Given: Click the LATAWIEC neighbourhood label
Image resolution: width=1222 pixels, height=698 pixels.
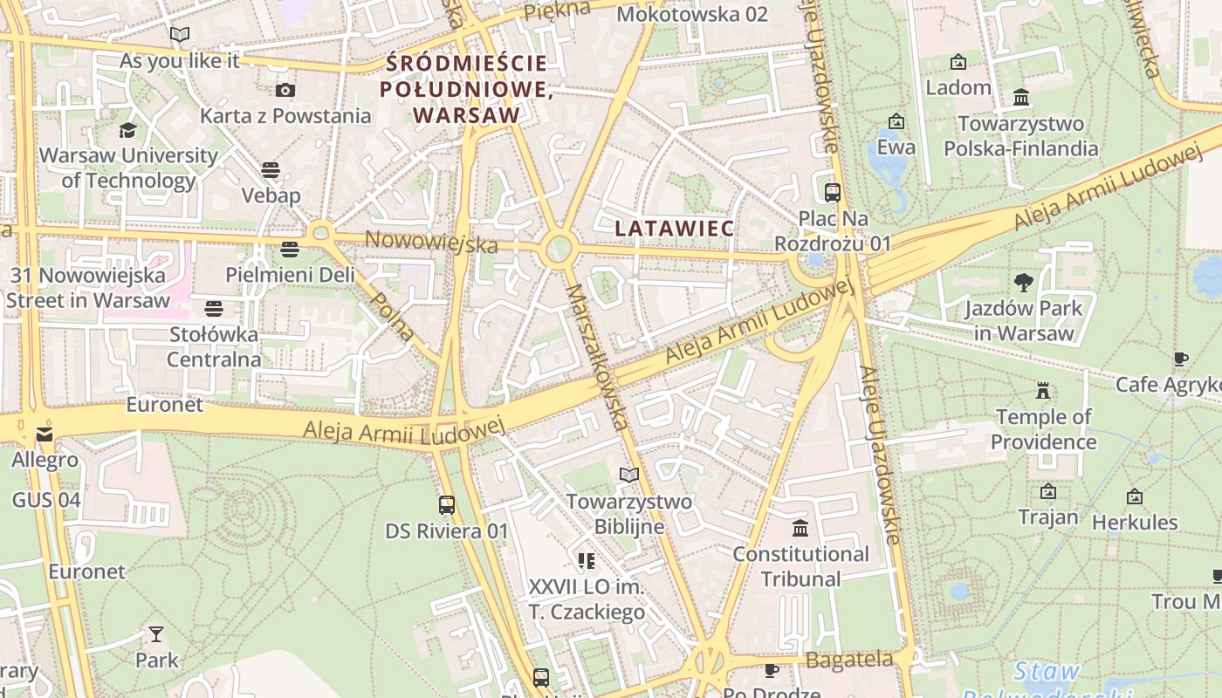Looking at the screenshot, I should tap(674, 228).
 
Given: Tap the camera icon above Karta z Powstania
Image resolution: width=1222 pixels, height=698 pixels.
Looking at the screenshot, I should tap(285, 90).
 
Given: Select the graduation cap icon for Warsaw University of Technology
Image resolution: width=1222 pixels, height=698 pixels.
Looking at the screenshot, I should tap(128, 131).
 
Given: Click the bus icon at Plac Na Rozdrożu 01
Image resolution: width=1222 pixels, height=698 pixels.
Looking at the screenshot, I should tap(832, 193).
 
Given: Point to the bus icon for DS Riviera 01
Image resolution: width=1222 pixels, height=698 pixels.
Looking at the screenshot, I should tap(446, 504).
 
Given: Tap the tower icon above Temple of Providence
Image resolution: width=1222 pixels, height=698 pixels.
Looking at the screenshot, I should tap(1042, 390).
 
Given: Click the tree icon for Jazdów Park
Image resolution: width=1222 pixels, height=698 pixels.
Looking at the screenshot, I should tap(1023, 282).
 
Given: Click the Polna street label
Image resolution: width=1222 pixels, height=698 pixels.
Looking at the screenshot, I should tap(392, 316).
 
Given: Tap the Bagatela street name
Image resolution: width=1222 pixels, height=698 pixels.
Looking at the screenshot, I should tap(849, 660).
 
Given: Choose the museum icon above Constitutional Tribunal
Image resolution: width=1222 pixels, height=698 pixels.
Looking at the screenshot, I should tap(800, 528).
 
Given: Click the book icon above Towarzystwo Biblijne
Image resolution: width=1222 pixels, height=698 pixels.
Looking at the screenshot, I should tap(628, 475).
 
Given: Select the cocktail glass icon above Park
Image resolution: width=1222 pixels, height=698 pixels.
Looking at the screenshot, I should tap(156, 633).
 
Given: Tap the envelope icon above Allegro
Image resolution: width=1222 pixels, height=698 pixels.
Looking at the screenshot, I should tap(45, 434).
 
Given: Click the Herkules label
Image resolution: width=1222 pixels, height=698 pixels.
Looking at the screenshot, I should tap(1135, 523).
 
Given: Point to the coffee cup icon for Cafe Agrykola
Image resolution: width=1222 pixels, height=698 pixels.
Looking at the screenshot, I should tap(1181, 359).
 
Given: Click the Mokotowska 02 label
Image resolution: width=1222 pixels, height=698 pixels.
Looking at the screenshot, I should tap(692, 14).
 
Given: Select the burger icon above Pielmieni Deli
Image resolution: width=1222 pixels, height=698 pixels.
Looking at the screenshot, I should tap(290, 250).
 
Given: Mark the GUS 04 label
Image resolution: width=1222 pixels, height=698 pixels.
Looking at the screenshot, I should tap(46, 500).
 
